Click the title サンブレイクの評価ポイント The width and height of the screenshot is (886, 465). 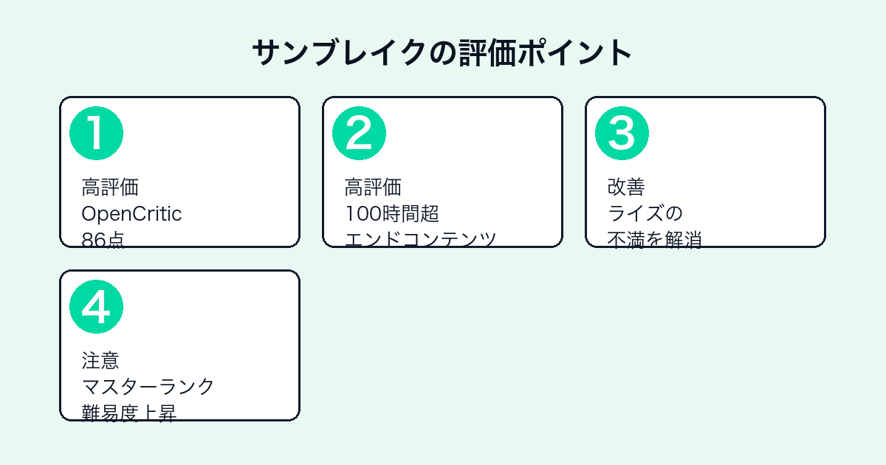(442, 53)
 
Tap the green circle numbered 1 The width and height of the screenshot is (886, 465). (96, 134)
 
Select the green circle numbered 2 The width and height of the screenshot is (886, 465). (359, 134)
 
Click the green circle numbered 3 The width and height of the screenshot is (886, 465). (622, 134)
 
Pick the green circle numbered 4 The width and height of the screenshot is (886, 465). (96, 307)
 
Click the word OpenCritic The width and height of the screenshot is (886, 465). (131, 214)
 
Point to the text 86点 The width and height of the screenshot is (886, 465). (103, 240)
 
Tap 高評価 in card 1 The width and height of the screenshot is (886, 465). (110, 187)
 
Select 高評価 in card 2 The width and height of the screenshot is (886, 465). (373, 187)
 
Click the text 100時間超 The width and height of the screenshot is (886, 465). (392, 213)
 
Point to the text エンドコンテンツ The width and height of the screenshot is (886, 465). (420, 240)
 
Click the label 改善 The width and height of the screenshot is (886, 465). (626, 187)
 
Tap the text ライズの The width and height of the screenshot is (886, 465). (645, 213)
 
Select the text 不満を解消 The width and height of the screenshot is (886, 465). (655, 240)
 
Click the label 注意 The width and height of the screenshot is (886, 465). (100, 361)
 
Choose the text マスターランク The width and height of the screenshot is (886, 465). (148, 387)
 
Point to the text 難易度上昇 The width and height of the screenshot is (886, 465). (129, 413)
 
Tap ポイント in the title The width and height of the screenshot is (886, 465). (574, 53)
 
